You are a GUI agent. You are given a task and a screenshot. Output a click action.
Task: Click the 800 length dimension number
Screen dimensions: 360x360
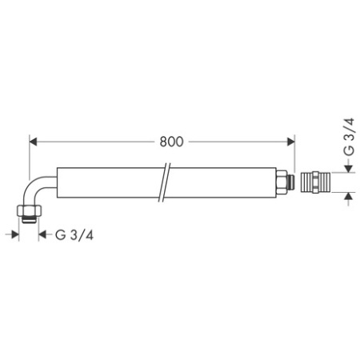pyautogui.click(x=170, y=142)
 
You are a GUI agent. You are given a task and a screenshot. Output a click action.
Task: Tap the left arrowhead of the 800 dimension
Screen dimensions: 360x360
pyautogui.click(x=34, y=142)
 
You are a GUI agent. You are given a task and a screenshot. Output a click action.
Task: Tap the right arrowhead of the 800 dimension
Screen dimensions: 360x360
pyautogui.click(x=290, y=142)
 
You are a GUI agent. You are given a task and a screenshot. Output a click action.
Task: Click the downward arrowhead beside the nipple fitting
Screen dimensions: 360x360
pyautogui.click(x=348, y=166)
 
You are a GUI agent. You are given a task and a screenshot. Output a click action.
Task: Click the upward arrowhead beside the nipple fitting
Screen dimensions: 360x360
pyautogui.click(x=348, y=196)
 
